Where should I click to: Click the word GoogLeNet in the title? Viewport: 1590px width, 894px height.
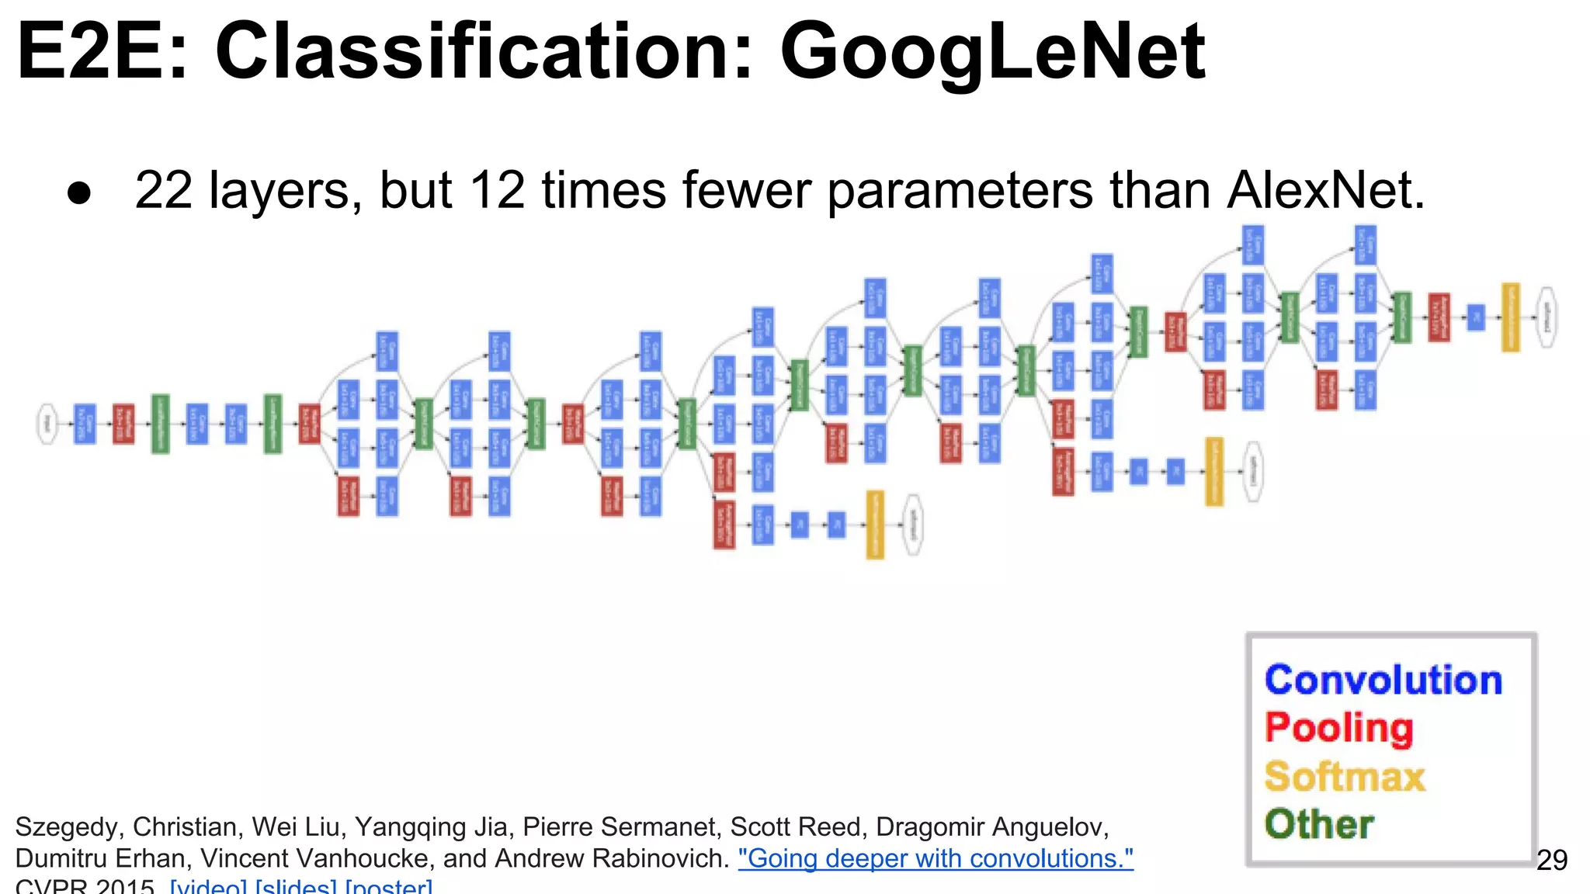pyautogui.click(x=992, y=51)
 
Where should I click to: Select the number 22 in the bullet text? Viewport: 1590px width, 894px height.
pyautogui.click(x=163, y=190)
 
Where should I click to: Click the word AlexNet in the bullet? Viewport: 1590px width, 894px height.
pyautogui.click(x=1325, y=190)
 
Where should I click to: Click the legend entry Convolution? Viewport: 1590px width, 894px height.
pyautogui.click(x=1383, y=680)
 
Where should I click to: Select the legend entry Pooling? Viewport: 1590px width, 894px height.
pyautogui.click(x=1338, y=728)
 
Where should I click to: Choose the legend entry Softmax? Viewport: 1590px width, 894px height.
pyautogui.click(x=1345, y=776)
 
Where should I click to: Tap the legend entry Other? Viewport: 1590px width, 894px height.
pyautogui.click(x=1319, y=824)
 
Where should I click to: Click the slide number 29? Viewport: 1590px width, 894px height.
pyautogui.click(x=1551, y=860)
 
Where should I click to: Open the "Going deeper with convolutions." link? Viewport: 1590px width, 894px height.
pyautogui.click(x=936, y=858)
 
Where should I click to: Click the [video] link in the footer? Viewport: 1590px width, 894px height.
pyautogui.click(x=209, y=886)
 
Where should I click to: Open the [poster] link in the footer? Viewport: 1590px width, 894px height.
pyautogui.click(x=388, y=886)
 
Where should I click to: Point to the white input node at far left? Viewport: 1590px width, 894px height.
pyautogui.click(x=48, y=424)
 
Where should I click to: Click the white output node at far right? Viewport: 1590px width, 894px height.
pyautogui.click(x=1547, y=317)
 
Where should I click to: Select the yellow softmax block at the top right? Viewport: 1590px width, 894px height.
pyautogui.click(x=1510, y=317)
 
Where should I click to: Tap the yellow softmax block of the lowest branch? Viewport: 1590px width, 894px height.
pyautogui.click(x=875, y=525)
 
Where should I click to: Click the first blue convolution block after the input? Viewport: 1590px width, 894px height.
pyautogui.click(x=85, y=424)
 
